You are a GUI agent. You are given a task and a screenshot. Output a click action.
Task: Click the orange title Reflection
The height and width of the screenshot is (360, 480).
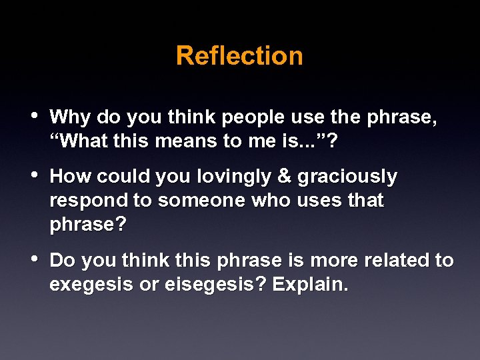[x=239, y=55]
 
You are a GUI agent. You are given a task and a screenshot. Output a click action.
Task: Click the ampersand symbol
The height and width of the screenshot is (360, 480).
[x=284, y=177]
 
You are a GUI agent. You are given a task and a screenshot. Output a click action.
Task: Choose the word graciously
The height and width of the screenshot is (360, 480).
[x=347, y=177]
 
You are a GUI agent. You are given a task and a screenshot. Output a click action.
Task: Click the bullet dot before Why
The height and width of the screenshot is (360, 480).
[x=35, y=117]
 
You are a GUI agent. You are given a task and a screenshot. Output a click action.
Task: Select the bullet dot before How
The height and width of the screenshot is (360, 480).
[x=35, y=176]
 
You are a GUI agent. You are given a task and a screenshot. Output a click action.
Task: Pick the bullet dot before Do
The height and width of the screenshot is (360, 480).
[x=35, y=259]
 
